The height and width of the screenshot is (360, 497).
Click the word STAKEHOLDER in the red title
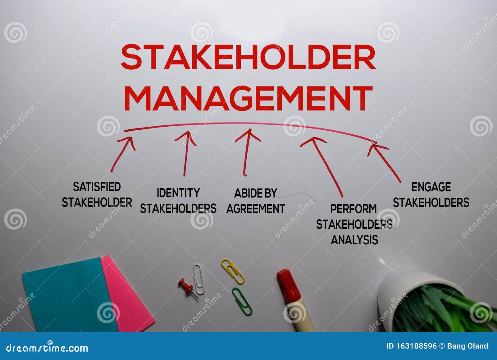tap(248, 57)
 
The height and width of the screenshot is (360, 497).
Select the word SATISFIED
tap(97, 187)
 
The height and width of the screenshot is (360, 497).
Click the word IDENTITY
tap(178, 193)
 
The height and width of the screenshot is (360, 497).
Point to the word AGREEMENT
tap(255, 208)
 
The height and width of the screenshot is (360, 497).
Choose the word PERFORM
tap(353, 209)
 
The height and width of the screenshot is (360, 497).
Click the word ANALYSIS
tap(354, 240)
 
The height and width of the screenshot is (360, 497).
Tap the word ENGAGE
tap(431, 187)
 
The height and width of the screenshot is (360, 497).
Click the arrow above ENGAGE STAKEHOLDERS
tap(385, 162)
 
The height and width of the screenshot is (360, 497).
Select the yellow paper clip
tap(233, 271)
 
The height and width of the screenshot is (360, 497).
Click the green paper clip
tap(242, 301)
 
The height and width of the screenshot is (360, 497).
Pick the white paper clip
tap(198, 279)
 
